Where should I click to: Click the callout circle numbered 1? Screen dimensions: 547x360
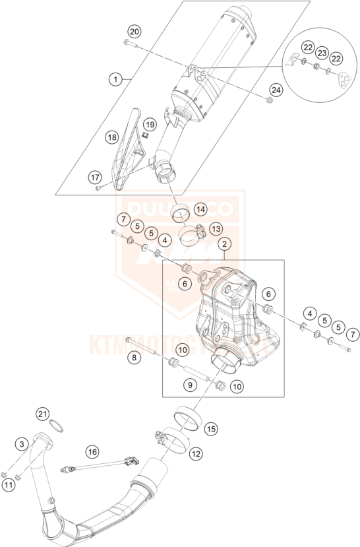115,79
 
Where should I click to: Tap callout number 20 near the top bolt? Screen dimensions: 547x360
134,32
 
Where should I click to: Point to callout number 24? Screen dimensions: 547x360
275,90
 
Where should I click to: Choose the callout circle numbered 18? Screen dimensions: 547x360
112,137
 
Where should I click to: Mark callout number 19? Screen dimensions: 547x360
150,125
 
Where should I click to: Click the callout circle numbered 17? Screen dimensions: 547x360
94,177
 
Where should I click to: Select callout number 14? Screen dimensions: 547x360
200,209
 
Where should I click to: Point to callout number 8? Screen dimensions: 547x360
135,358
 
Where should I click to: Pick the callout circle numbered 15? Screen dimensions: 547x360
211,429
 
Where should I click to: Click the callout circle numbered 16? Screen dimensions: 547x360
92,452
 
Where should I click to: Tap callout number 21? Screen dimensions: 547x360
43,414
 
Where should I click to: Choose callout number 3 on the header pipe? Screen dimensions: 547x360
22,445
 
